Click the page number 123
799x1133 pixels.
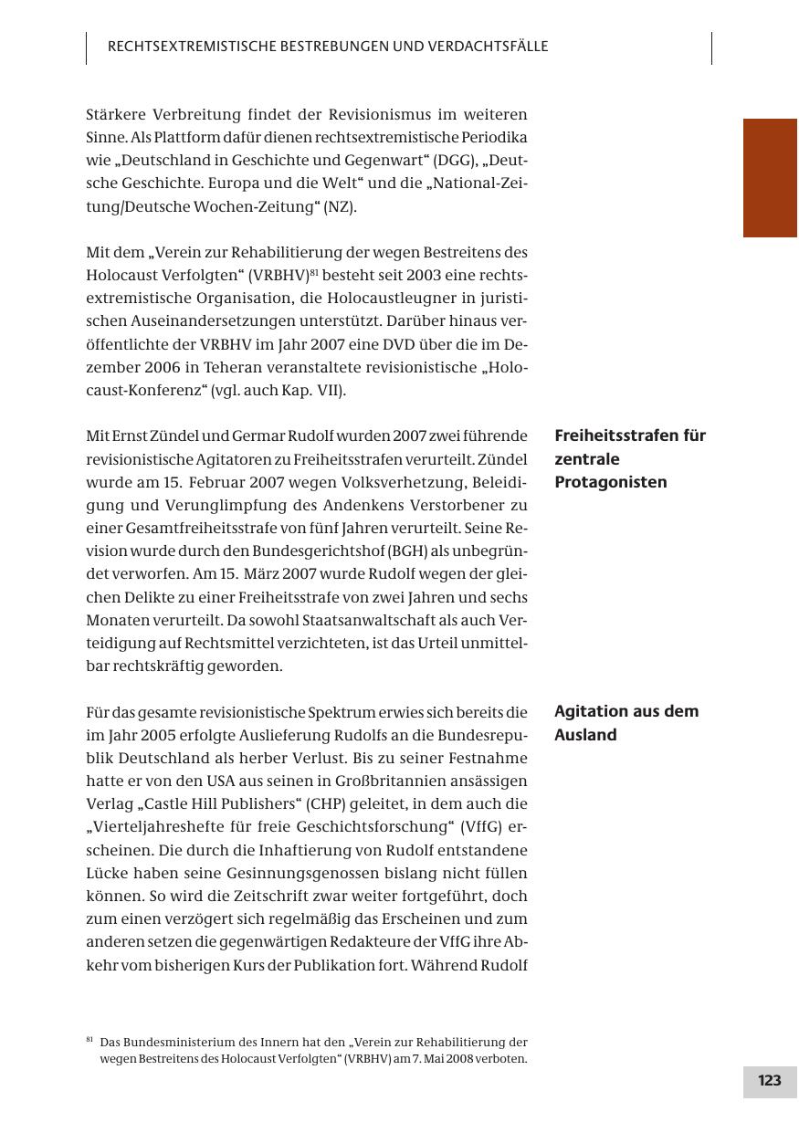coord(769,1081)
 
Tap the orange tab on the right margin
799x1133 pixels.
coord(770,177)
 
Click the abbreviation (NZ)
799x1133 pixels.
coord(341,206)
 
